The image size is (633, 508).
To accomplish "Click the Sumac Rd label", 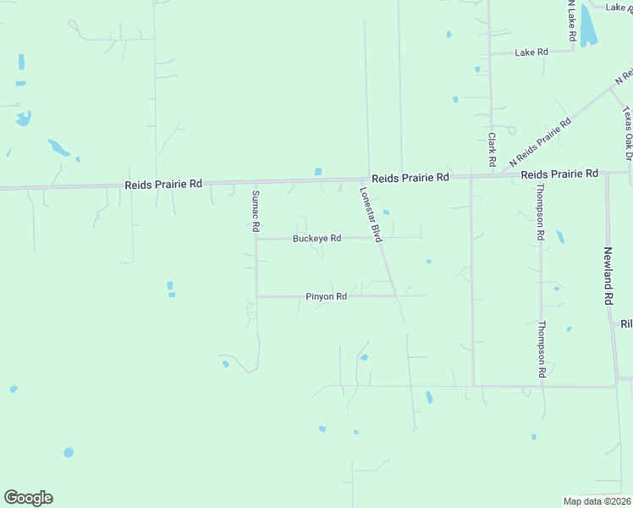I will click(x=254, y=211).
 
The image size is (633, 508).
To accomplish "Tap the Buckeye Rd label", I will click(x=316, y=239).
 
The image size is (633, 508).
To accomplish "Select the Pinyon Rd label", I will click(x=326, y=297).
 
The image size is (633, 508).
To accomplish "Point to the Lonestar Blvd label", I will click(x=372, y=215).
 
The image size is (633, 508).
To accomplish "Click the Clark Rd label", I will click(x=491, y=148).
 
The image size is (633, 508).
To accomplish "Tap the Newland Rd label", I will click(x=608, y=275).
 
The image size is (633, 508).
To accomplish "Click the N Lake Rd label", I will click(x=572, y=20).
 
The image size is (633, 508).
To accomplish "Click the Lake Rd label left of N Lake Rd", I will click(x=531, y=52).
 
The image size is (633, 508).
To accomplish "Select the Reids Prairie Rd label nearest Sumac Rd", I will click(x=163, y=184).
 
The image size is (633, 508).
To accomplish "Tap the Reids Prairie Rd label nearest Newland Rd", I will click(x=559, y=174).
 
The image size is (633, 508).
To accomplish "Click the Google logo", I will click(x=28, y=498).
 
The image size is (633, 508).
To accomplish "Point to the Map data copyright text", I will click(x=597, y=501).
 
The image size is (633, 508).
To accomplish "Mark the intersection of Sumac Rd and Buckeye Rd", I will click(x=256, y=239).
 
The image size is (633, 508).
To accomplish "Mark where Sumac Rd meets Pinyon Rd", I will click(x=257, y=296).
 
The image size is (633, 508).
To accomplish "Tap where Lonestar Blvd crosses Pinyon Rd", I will click(x=395, y=295).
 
